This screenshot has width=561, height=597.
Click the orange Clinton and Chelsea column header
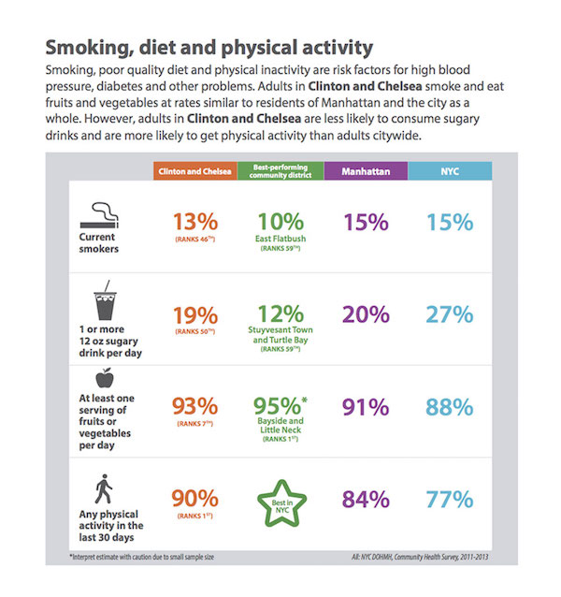[194, 172]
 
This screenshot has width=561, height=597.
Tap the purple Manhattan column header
[366, 172]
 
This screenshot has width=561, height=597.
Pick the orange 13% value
[194, 222]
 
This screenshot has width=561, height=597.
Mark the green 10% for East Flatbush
[281, 222]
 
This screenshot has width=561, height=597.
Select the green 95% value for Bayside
[280, 406]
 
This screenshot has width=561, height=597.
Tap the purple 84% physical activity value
[366, 499]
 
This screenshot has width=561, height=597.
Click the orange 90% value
[194, 499]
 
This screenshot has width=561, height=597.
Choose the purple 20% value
[366, 315]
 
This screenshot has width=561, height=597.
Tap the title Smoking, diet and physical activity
[209, 47]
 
